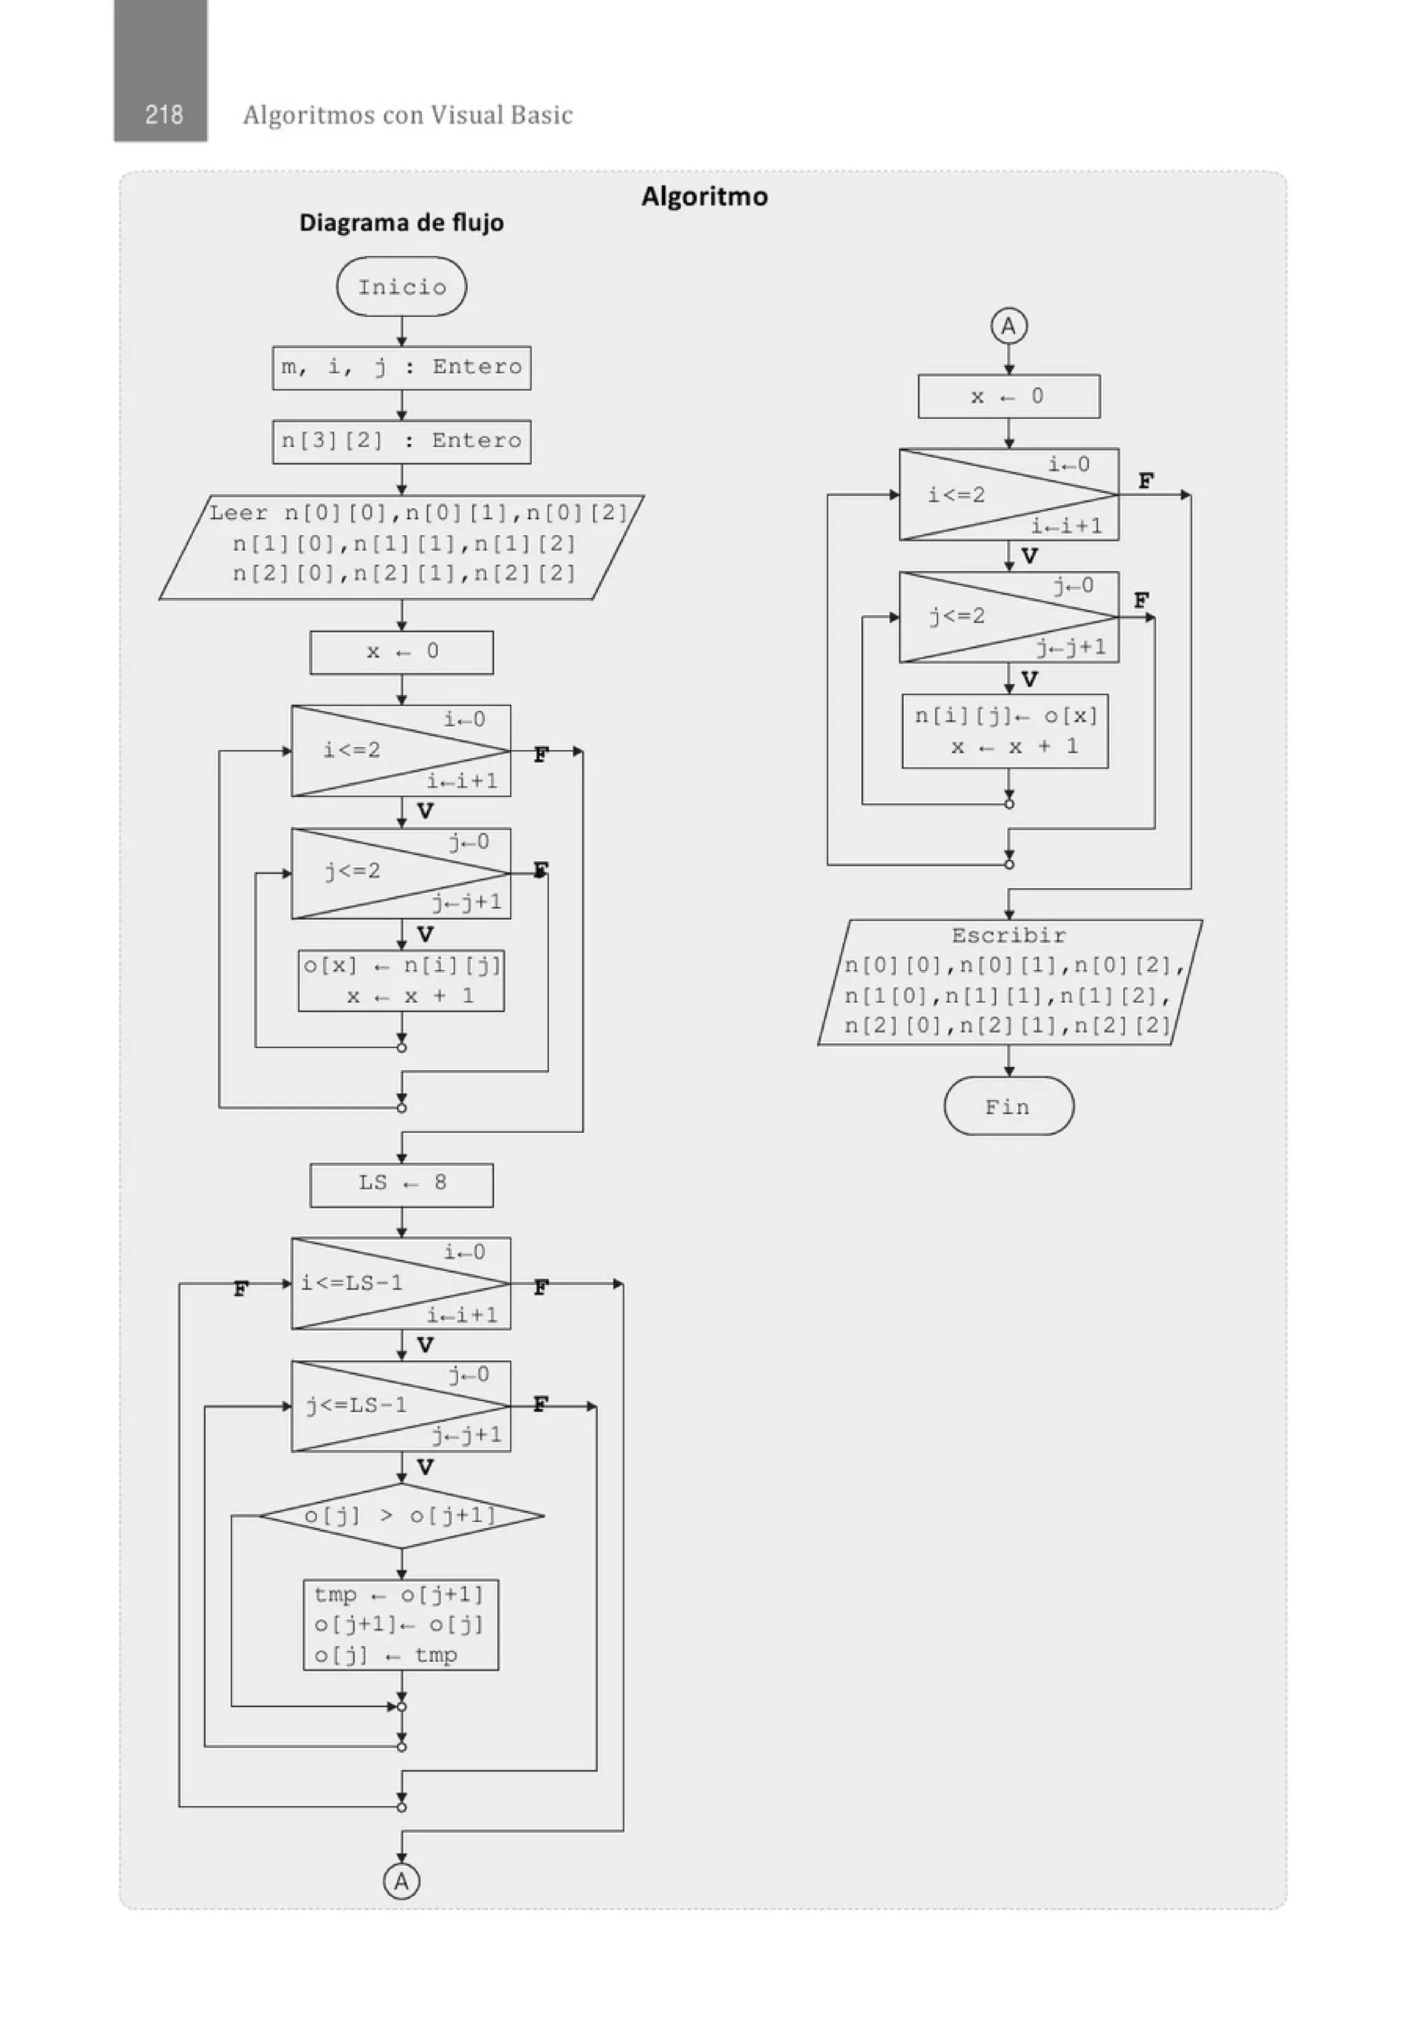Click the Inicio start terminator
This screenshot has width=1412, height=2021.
[401, 287]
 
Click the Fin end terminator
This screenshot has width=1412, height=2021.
[1008, 1107]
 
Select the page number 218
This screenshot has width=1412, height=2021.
[163, 114]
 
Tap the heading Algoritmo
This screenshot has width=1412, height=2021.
[704, 197]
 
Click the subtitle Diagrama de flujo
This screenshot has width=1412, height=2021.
[401, 223]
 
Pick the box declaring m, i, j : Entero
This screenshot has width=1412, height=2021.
[401, 367]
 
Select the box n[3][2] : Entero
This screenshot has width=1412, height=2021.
[401, 441]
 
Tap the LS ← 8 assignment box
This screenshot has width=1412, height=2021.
[401, 1184]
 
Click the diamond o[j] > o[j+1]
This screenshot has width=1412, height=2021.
[401, 1516]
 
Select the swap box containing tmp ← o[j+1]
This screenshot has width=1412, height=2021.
[401, 1625]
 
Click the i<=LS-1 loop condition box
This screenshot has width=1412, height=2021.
[401, 1283]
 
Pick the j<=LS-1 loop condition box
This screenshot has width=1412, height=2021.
[401, 1406]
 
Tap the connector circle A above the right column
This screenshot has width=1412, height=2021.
[1008, 327]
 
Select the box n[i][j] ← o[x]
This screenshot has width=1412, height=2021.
[1005, 732]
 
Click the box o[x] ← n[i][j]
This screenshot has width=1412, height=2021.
[401, 981]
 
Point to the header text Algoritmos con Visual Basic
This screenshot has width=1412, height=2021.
[407, 115]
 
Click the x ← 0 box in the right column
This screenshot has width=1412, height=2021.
[1008, 396]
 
